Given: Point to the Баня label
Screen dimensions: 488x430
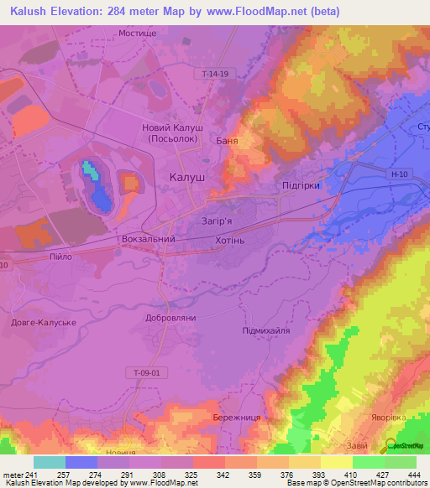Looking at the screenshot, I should (x=227, y=141).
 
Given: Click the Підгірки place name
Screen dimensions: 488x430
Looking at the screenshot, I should (x=301, y=186).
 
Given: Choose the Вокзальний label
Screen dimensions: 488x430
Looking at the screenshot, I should (x=148, y=239).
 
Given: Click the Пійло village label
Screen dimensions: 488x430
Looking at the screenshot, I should (x=62, y=257).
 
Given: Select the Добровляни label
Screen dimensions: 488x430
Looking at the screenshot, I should (x=170, y=319).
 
